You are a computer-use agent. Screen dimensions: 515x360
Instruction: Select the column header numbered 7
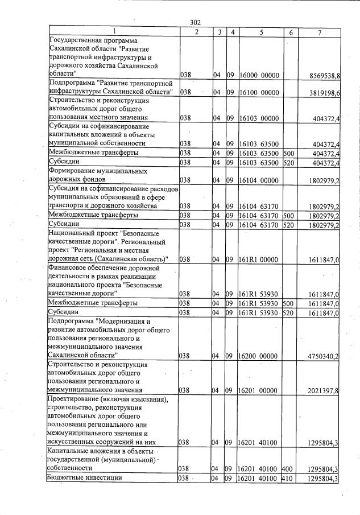tap(320, 32)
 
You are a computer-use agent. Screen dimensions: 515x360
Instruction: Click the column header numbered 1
tap(114, 32)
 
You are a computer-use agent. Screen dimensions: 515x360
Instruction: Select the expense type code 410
tap(287, 479)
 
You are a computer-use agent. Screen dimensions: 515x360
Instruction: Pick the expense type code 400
tap(287, 469)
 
